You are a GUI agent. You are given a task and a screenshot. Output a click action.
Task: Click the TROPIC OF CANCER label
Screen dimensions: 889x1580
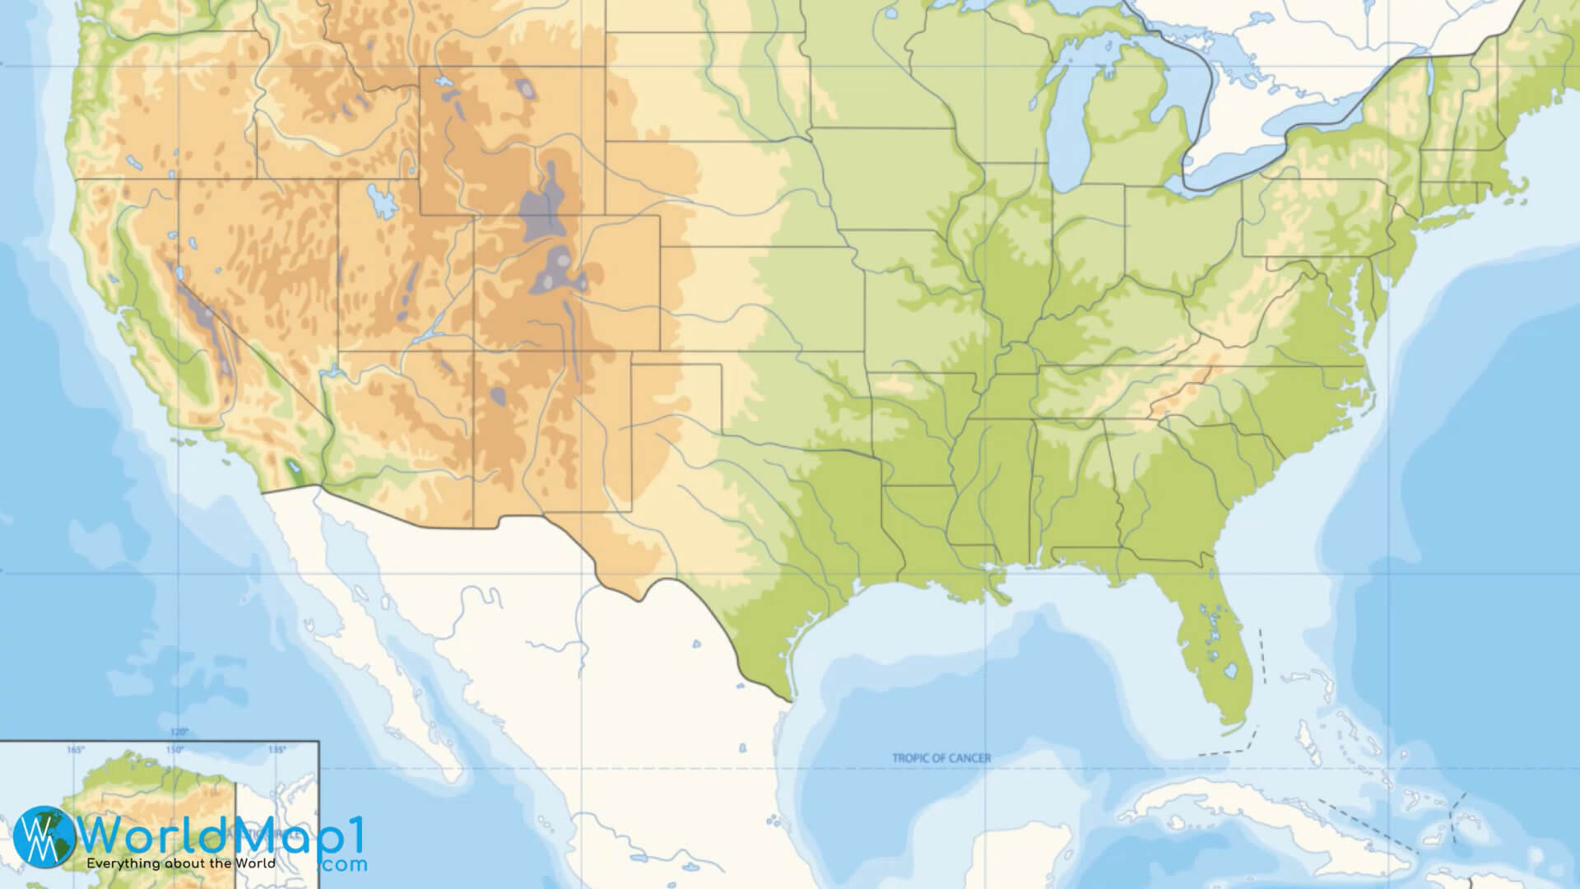(x=941, y=758)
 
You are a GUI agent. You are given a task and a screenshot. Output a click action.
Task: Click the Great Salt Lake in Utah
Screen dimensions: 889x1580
(x=379, y=198)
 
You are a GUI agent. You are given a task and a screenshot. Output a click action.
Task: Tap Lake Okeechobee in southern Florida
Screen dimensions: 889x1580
(x=1230, y=671)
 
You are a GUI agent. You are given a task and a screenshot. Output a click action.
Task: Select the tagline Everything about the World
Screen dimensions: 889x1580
(x=181, y=863)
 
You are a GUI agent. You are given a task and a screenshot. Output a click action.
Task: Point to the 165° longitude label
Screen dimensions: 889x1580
(x=76, y=750)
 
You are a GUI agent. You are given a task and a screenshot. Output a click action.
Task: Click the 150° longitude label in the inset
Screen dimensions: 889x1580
(x=174, y=750)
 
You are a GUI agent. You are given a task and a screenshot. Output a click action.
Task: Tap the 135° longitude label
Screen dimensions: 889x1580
(x=276, y=750)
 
